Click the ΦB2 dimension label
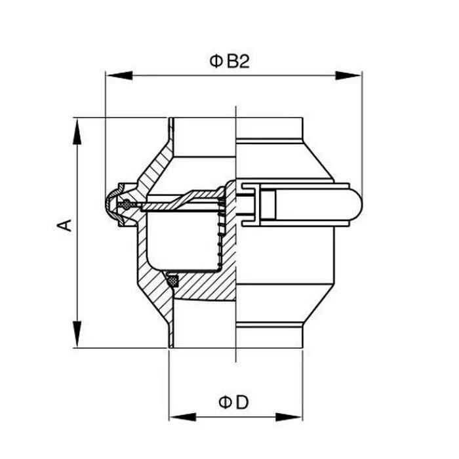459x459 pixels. click(x=230, y=62)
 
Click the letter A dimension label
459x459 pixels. click(x=64, y=226)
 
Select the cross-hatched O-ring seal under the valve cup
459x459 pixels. click(x=174, y=281)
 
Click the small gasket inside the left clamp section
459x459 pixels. click(x=125, y=206)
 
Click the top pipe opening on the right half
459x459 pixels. click(x=269, y=128)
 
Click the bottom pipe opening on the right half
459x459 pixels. click(x=269, y=334)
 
